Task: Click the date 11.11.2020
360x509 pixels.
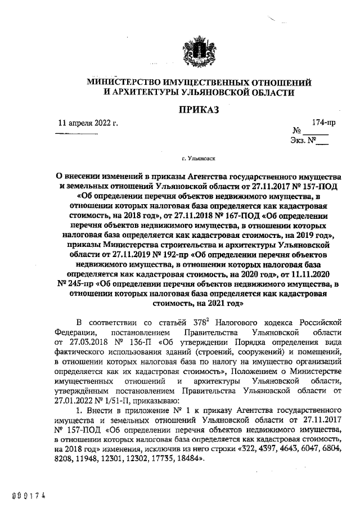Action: point(318,274)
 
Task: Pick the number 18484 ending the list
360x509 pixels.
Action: point(190,458)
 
